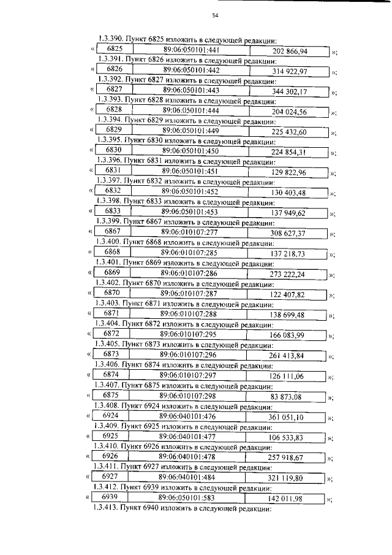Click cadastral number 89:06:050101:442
(192, 71)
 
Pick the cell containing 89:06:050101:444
(192, 111)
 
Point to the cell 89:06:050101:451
(190, 170)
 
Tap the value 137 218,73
(287, 253)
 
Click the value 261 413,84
(287, 355)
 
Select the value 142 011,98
(285, 497)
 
